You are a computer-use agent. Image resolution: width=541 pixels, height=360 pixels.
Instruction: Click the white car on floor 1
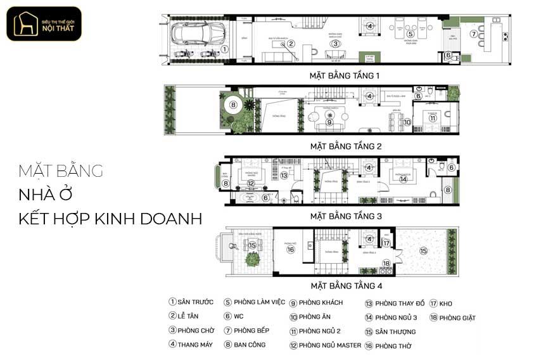(x=197, y=32)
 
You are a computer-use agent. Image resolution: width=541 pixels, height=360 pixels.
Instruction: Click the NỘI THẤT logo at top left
(x=44, y=24)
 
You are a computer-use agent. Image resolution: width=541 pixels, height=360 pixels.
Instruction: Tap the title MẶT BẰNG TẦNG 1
(x=345, y=75)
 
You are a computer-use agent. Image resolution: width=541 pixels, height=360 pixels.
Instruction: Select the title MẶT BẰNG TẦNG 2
(x=345, y=146)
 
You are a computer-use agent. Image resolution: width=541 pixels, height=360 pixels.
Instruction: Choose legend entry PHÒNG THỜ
(x=388, y=346)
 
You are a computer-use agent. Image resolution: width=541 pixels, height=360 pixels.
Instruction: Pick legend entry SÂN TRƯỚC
(x=191, y=302)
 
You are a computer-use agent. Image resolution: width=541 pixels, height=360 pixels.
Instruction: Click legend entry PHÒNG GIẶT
(x=452, y=318)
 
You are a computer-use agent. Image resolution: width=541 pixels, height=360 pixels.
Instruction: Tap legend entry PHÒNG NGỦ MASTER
(x=324, y=345)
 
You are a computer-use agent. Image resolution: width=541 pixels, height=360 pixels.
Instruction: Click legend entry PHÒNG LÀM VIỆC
(x=254, y=302)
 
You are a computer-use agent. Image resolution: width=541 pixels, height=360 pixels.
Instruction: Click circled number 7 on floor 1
(x=473, y=34)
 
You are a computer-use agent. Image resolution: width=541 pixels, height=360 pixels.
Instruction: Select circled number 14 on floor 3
(x=403, y=179)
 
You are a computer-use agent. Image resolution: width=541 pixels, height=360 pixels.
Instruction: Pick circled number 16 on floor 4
(x=291, y=249)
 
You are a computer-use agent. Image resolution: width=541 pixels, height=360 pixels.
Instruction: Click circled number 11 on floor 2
(x=433, y=118)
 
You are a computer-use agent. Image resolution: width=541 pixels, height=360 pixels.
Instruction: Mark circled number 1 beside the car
(x=224, y=48)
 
